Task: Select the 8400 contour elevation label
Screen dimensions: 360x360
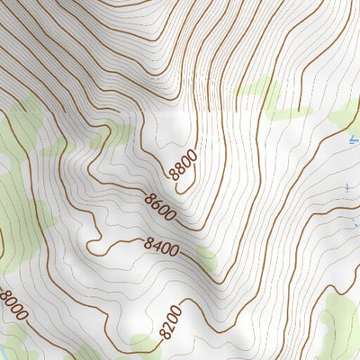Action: (x=161, y=244)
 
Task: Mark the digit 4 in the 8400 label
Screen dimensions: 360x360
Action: (x=156, y=243)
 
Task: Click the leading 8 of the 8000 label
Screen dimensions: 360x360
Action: (x=4, y=293)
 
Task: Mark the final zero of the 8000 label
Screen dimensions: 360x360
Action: (x=22, y=318)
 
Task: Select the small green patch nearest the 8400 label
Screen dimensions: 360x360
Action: (x=206, y=258)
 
